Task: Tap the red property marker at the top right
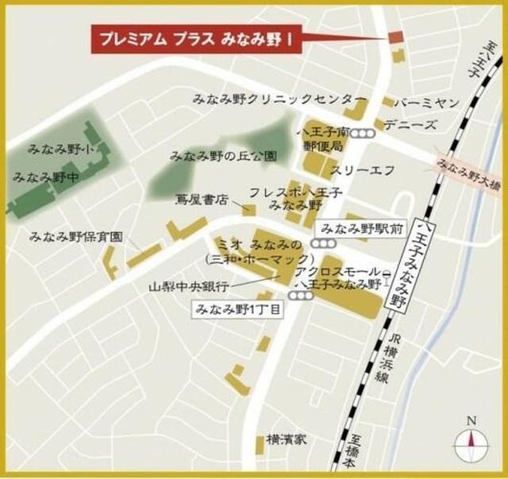tap(395, 38)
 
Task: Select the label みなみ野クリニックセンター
tap(269, 99)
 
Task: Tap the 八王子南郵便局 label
tap(321, 140)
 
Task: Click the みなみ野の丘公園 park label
tap(223, 156)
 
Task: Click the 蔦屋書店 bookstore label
tap(202, 200)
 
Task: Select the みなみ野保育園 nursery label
tap(76, 237)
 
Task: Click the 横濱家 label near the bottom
tap(287, 438)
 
